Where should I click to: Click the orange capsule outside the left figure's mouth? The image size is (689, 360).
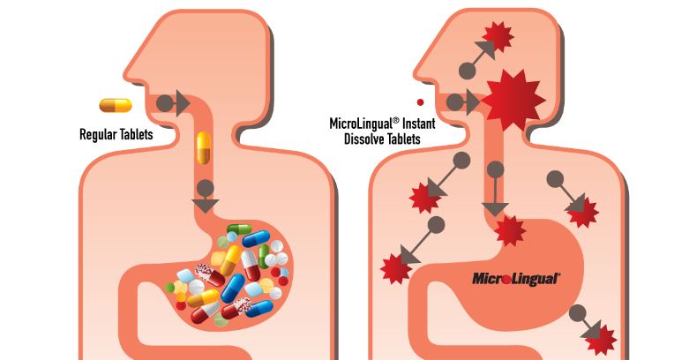116,106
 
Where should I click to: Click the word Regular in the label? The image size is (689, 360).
97,134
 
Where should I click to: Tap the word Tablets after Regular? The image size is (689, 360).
135,133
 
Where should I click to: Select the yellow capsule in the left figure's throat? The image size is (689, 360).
204,148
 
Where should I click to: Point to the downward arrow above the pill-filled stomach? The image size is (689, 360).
205,197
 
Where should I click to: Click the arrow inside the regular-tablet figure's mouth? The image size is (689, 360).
174,104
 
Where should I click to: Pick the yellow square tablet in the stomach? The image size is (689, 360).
219,259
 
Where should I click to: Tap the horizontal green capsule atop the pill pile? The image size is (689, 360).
239,229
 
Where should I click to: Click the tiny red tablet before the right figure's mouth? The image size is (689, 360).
421,102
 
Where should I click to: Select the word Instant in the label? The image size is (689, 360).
419,123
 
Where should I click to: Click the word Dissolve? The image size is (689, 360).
363,139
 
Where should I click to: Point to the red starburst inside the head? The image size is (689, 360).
498,36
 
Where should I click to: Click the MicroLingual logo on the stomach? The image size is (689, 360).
516,279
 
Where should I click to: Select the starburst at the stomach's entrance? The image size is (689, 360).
510,230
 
